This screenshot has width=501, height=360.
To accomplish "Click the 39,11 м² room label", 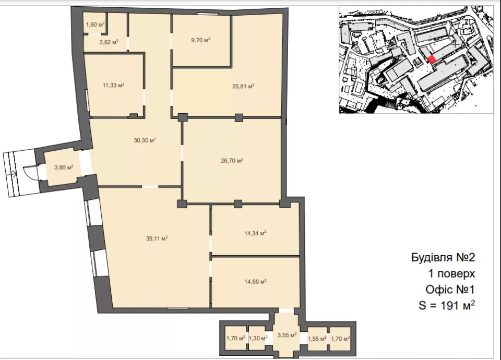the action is (x=157, y=238).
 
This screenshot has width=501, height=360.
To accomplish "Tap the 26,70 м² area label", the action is (x=232, y=160).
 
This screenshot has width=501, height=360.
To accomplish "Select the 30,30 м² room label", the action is (x=145, y=140).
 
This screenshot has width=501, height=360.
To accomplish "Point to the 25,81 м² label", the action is (x=243, y=86).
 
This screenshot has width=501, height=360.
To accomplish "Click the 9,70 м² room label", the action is (x=200, y=40).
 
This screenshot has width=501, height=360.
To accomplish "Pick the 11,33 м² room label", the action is (x=113, y=85).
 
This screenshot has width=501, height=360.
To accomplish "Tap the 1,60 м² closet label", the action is (x=95, y=25).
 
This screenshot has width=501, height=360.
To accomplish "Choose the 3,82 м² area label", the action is (x=109, y=42).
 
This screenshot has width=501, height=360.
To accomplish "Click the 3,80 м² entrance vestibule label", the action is (x=64, y=167).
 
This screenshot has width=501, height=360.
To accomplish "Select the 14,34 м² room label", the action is (x=255, y=233).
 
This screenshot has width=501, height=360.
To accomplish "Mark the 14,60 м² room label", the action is (x=255, y=282).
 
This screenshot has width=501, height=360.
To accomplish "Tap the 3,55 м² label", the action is (x=287, y=335).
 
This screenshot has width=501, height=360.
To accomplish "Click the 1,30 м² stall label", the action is (x=258, y=338).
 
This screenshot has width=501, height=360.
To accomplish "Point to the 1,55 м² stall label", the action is (x=317, y=339).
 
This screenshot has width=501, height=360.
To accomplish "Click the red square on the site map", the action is (x=432, y=59).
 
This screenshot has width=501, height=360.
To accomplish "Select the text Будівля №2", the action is (x=443, y=257).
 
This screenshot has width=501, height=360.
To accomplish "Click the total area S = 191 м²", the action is (x=447, y=305).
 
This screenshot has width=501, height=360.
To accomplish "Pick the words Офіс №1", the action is (x=450, y=290).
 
